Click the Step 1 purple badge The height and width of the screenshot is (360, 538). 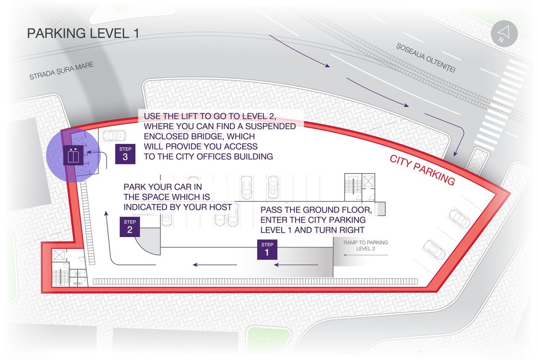tap(267, 249)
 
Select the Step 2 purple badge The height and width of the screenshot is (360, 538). tap(130, 227)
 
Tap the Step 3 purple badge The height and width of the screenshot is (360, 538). tap(125, 154)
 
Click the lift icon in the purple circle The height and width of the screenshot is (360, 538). tap(73, 155)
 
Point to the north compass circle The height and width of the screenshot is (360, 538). tap(504, 34)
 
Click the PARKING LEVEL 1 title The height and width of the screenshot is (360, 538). tap(83, 33)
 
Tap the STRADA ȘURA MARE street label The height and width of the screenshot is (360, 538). tap(61, 71)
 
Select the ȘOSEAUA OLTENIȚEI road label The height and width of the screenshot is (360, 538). tap(426, 58)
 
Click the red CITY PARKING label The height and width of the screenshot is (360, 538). tap(422, 170)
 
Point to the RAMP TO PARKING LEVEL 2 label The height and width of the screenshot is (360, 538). tap(366, 245)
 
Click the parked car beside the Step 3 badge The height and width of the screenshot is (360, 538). tap(114, 136)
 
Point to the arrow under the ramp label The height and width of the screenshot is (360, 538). tap(366, 255)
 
